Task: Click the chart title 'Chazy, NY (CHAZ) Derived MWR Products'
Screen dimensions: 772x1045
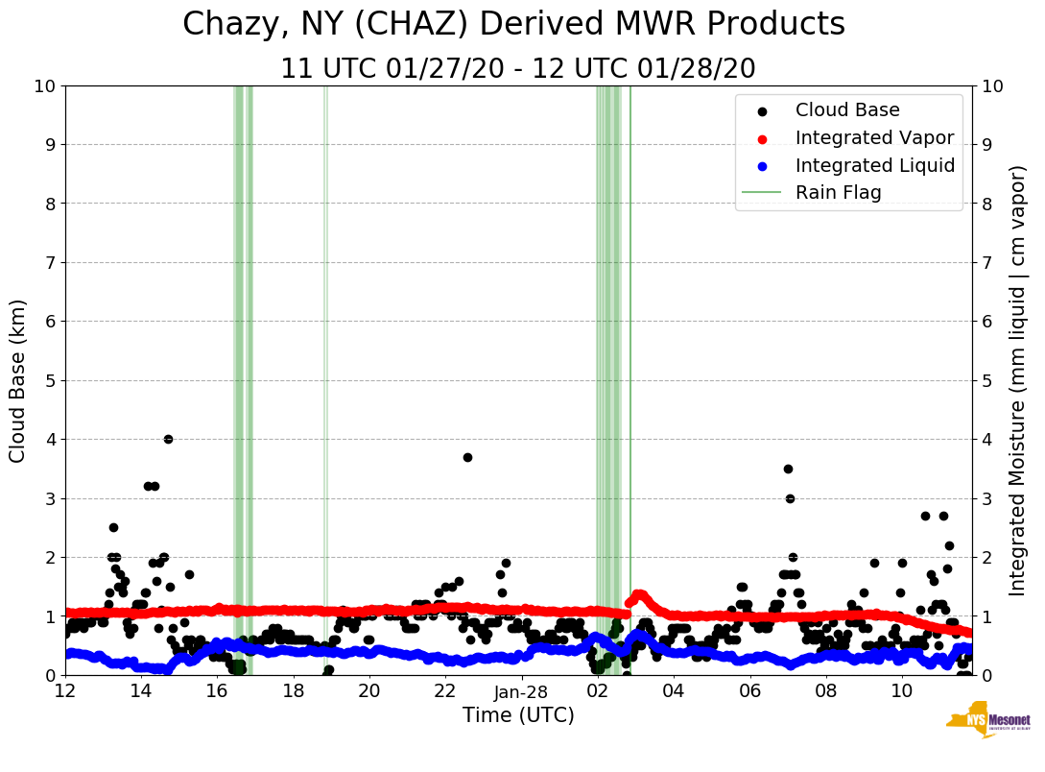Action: tap(513, 24)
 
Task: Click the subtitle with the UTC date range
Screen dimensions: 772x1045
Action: tap(517, 69)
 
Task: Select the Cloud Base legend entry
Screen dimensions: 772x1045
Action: tap(847, 110)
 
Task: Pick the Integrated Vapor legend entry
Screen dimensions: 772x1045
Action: tap(874, 138)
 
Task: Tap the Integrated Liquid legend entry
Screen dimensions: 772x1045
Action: tap(874, 165)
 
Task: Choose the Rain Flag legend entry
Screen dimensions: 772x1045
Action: tap(838, 193)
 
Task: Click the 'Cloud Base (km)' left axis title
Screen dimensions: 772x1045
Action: tap(18, 380)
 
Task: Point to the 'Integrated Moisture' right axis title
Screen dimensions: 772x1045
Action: tap(1017, 380)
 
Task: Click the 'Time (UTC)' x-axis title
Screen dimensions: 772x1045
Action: tap(518, 715)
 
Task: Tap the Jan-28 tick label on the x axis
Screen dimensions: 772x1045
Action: tap(521, 691)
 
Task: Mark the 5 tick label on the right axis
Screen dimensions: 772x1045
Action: tap(987, 380)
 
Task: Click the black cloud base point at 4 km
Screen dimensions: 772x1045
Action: tap(168, 439)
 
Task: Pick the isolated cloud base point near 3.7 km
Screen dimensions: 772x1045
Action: tap(467, 457)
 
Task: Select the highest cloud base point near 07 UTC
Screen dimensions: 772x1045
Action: tap(788, 469)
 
